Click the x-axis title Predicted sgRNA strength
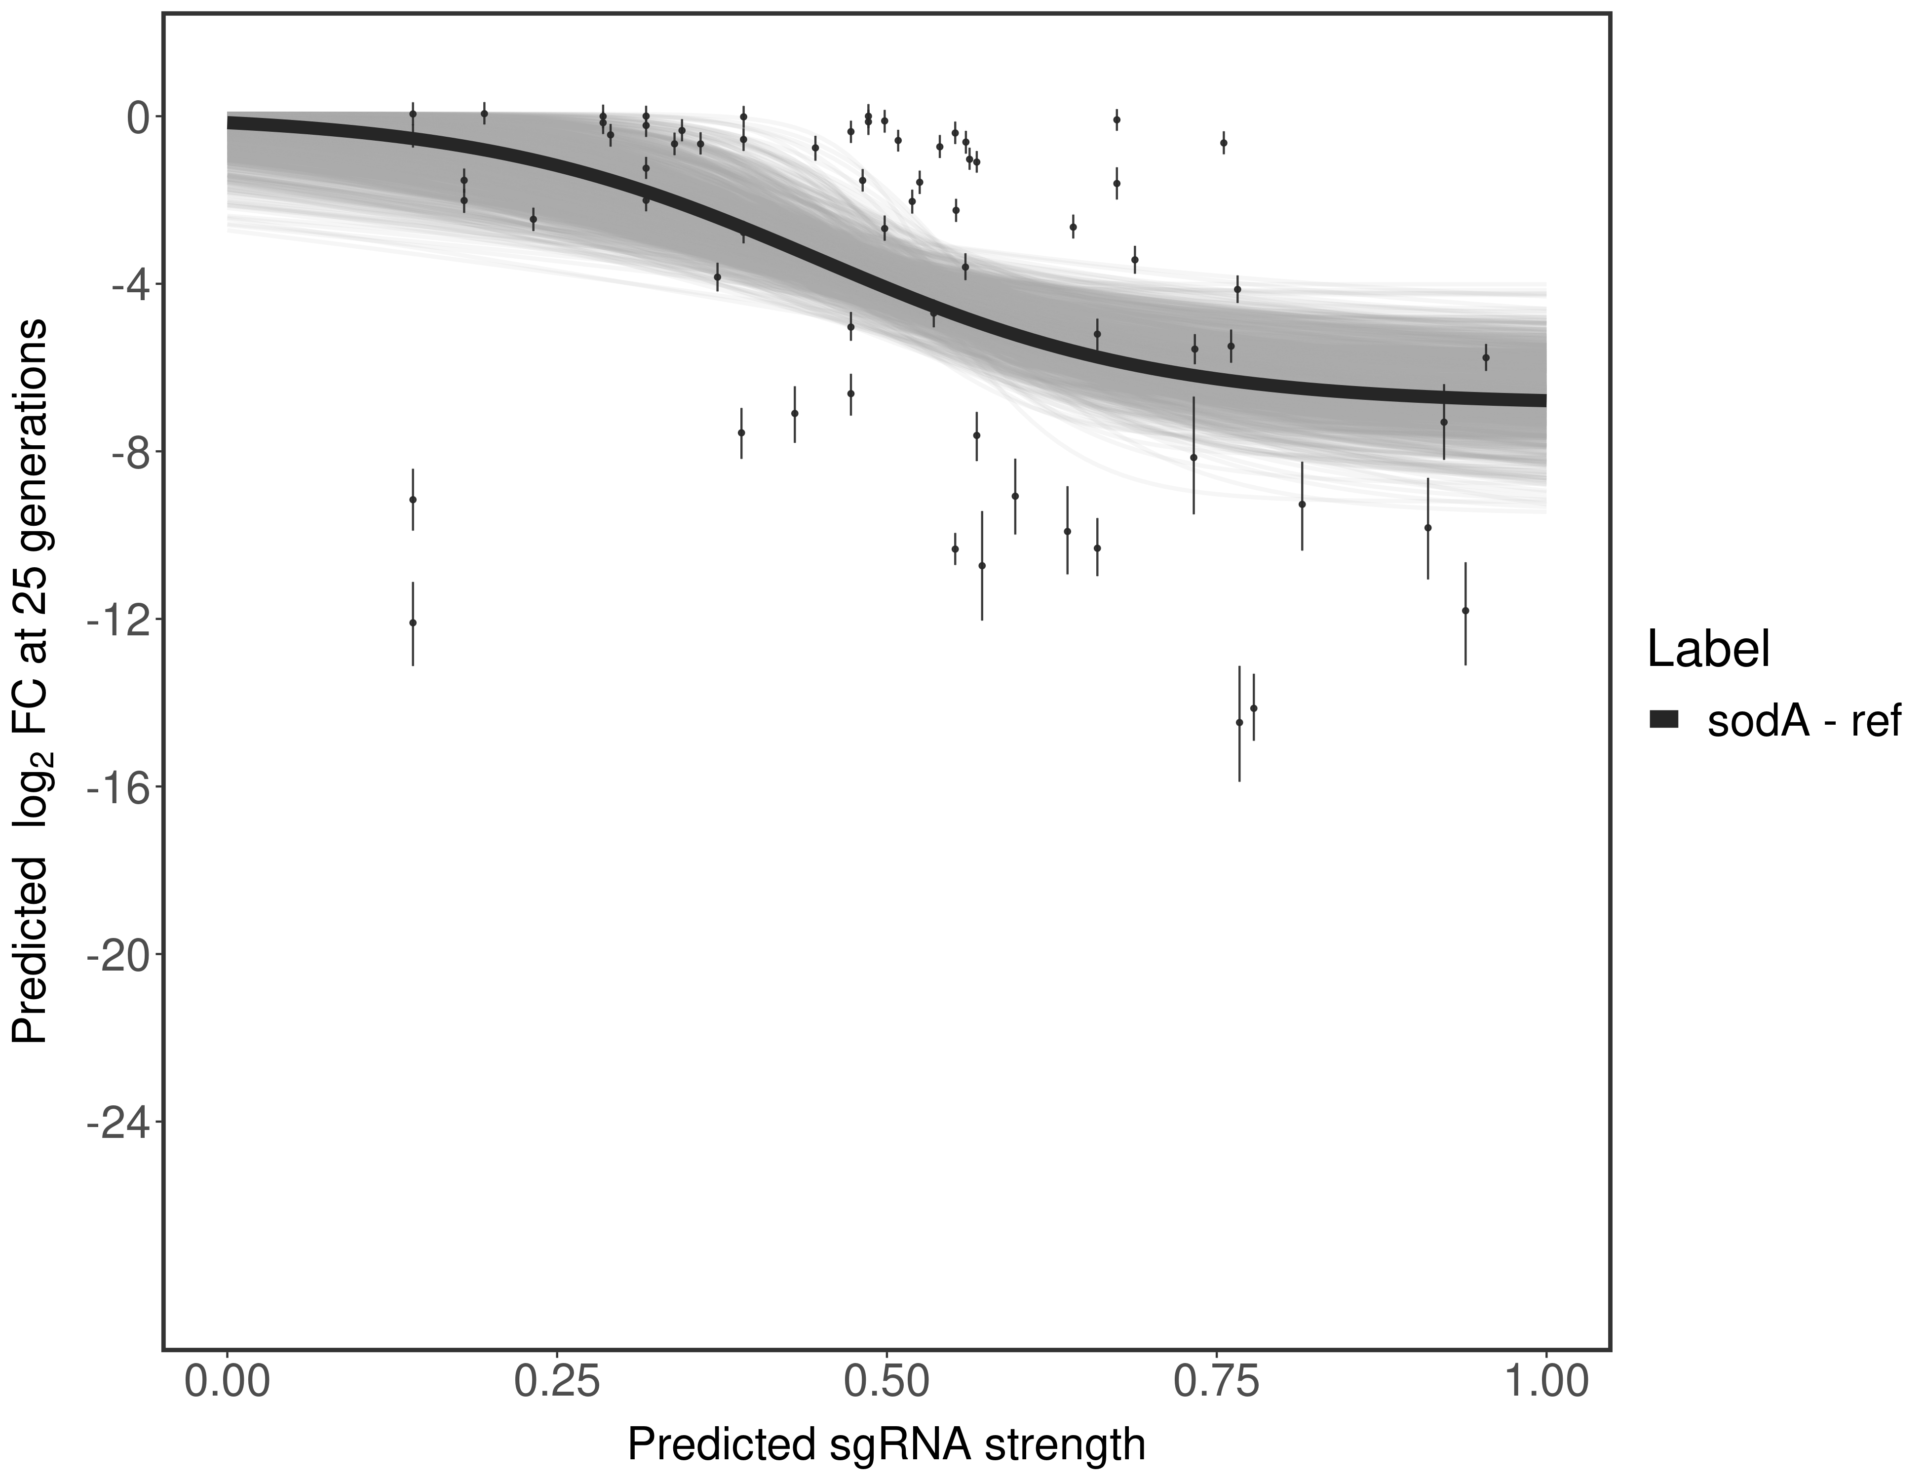[886, 1446]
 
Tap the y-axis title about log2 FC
[31, 681]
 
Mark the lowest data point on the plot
[1239, 722]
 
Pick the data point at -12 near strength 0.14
[413, 623]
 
